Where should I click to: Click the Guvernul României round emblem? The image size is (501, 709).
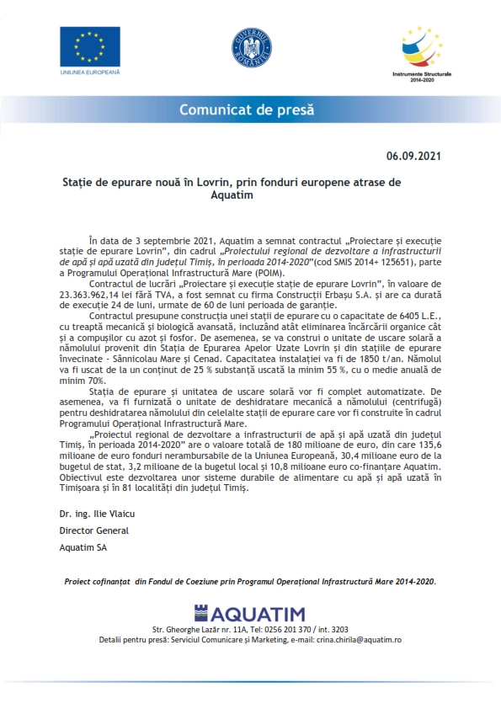(x=251, y=48)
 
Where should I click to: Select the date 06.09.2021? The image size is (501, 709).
(x=413, y=157)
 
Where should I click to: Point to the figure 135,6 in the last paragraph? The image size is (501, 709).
(x=427, y=448)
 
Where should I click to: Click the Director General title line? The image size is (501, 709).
(x=93, y=531)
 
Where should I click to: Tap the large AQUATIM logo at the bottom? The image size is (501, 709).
(x=251, y=613)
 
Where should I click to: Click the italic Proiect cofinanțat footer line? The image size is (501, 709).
(x=250, y=581)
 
